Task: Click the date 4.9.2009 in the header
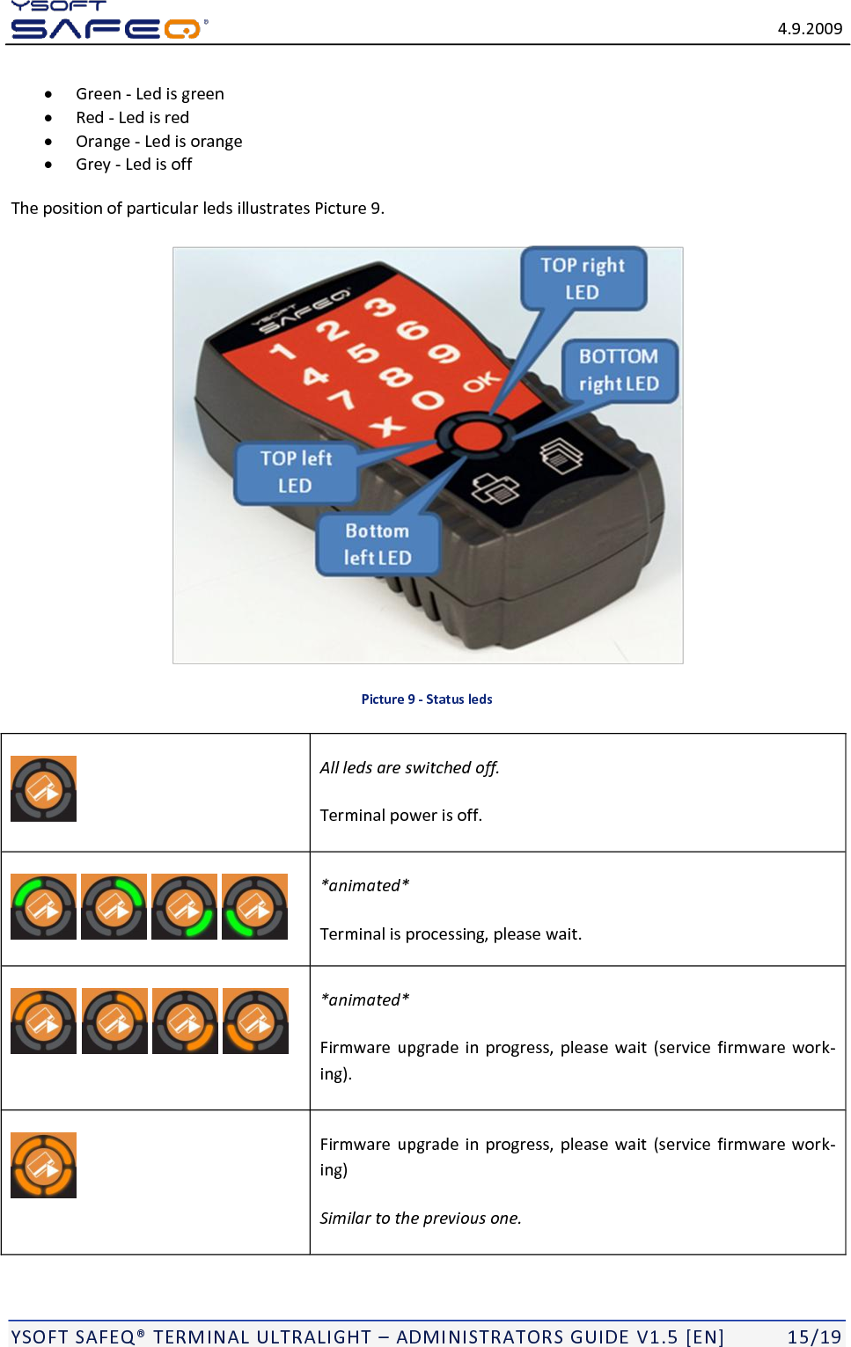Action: (x=809, y=28)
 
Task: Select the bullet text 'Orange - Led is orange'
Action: (x=158, y=142)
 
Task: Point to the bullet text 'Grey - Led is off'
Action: (x=134, y=165)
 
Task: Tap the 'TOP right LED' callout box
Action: (x=583, y=279)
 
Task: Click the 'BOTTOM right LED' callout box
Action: (x=619, y=370)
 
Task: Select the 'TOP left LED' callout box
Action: (x=296, y=472)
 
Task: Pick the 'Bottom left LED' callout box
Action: (x=378, y=545)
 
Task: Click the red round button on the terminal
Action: (x=475, y=436)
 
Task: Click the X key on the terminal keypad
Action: (x=387, y=428)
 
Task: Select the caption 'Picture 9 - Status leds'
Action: (x=427, y=699)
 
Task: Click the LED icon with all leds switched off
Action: (x=43, y=789)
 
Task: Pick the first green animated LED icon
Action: (x=43, y=907)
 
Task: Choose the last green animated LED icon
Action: (x=254, y=907)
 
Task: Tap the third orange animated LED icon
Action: (x=185, y=1021)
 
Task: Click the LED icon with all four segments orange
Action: (x=43, y=1166)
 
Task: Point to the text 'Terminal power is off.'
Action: (x=401, y=816)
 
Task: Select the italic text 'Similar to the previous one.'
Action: (x=421, y=1219)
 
